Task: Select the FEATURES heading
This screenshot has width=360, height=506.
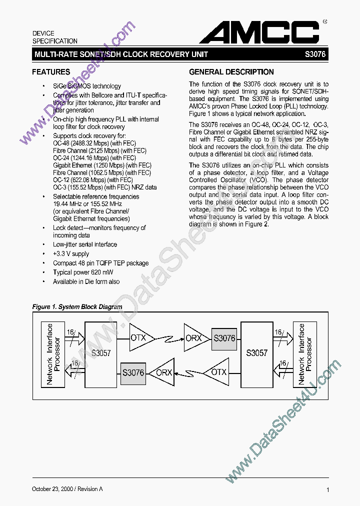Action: pos(51,72)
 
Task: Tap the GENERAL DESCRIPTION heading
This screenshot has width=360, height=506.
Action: pos(231,72)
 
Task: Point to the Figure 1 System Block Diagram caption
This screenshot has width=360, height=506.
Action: pos(77,307)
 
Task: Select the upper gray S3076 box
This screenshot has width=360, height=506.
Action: pos(224,338)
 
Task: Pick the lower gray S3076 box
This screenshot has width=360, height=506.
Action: pos(133,372)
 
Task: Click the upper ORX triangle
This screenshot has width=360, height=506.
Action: pos(192,338)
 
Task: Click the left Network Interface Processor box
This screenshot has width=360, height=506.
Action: pos(52,354)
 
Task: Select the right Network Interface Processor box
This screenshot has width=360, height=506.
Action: pos(305,354)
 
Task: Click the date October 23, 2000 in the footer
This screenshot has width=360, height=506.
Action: pos(56,489)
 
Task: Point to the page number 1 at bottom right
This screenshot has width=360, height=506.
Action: pos(327,490)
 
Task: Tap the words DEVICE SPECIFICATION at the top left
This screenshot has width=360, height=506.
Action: pos(55,37)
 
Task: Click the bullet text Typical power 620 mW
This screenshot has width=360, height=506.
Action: pos(83,272)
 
